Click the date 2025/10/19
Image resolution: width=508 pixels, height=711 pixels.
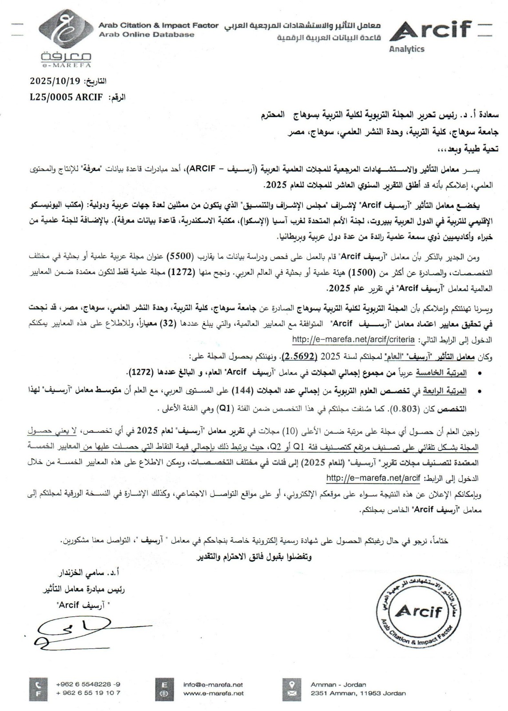54,81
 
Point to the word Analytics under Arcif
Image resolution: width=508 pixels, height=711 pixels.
406,49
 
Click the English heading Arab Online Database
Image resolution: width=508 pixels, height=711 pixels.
147,35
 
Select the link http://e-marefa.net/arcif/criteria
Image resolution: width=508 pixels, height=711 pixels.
353,340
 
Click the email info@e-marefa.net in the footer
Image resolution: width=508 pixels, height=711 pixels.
213,685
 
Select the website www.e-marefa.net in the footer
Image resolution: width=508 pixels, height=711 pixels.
213,693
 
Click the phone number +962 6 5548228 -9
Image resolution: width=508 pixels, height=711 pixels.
88,685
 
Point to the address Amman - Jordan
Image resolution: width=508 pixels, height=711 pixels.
338,685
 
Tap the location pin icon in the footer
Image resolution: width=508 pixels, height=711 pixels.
292,684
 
